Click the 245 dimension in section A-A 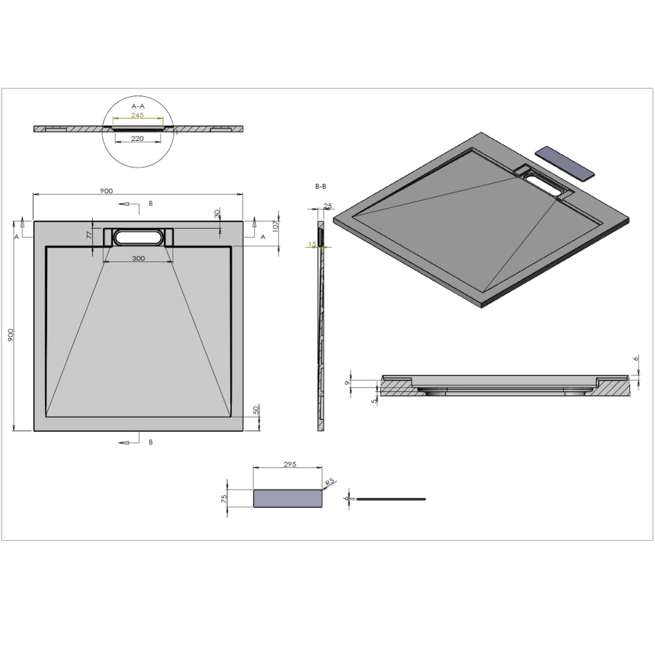(x=137, y=115)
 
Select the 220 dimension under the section (x=138, y=138)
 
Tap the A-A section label (x=138, y=106)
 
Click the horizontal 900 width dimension (x=106, y=191)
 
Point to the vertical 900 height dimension (x=11, y=335)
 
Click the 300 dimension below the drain (x=138, y=258)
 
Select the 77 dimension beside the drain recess (x=89, y=234)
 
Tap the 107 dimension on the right (x=275, y=227)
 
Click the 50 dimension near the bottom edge (x=255, y=410)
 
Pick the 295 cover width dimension (x=290, y=464)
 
